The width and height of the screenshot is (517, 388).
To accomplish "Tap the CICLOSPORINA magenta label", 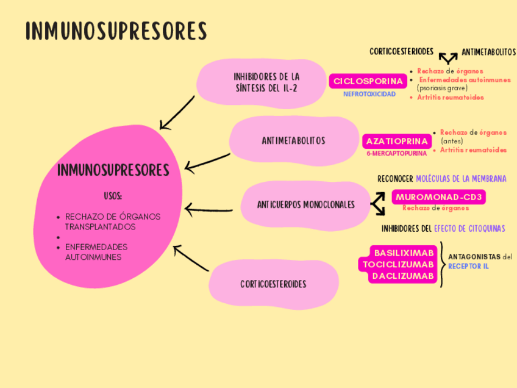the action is [x=368, y=81].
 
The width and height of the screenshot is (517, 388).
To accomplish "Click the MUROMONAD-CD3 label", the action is [x=439, y=197].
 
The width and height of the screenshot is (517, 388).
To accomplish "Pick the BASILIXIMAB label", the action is [x=404, y=253].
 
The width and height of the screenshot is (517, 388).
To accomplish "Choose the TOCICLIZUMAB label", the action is [x=399, y=264].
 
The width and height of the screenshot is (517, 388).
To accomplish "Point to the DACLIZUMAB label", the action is [x=404, y=276].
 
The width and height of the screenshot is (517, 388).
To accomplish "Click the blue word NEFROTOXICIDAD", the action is [x=369, y=95].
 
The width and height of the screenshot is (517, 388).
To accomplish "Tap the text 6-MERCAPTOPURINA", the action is [x=396, y=154].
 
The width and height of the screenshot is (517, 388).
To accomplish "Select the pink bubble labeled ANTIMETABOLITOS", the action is [x=293, y=141].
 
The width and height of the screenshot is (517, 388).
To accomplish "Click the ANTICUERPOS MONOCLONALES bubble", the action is [x=305, y=205].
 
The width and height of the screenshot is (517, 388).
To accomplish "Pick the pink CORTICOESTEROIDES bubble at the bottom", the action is [x=273, y=284].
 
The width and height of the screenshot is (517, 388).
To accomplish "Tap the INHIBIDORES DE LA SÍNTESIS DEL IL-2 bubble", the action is [x=266, y=82].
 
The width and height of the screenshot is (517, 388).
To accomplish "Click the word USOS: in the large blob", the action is [x=113, y=196].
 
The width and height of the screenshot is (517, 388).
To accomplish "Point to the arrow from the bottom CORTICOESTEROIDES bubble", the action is [x=191, y=259].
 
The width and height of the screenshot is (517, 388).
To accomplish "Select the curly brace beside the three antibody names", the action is [x=443, y=264].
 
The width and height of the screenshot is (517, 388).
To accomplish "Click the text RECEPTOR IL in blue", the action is [x=468, y=267].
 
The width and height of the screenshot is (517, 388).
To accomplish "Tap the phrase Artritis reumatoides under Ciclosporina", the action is [x=451, y=97].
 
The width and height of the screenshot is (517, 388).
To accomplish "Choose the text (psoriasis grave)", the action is [x=442, y=88].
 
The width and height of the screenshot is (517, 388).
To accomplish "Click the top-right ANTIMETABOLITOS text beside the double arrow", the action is [x=488, y=52].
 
